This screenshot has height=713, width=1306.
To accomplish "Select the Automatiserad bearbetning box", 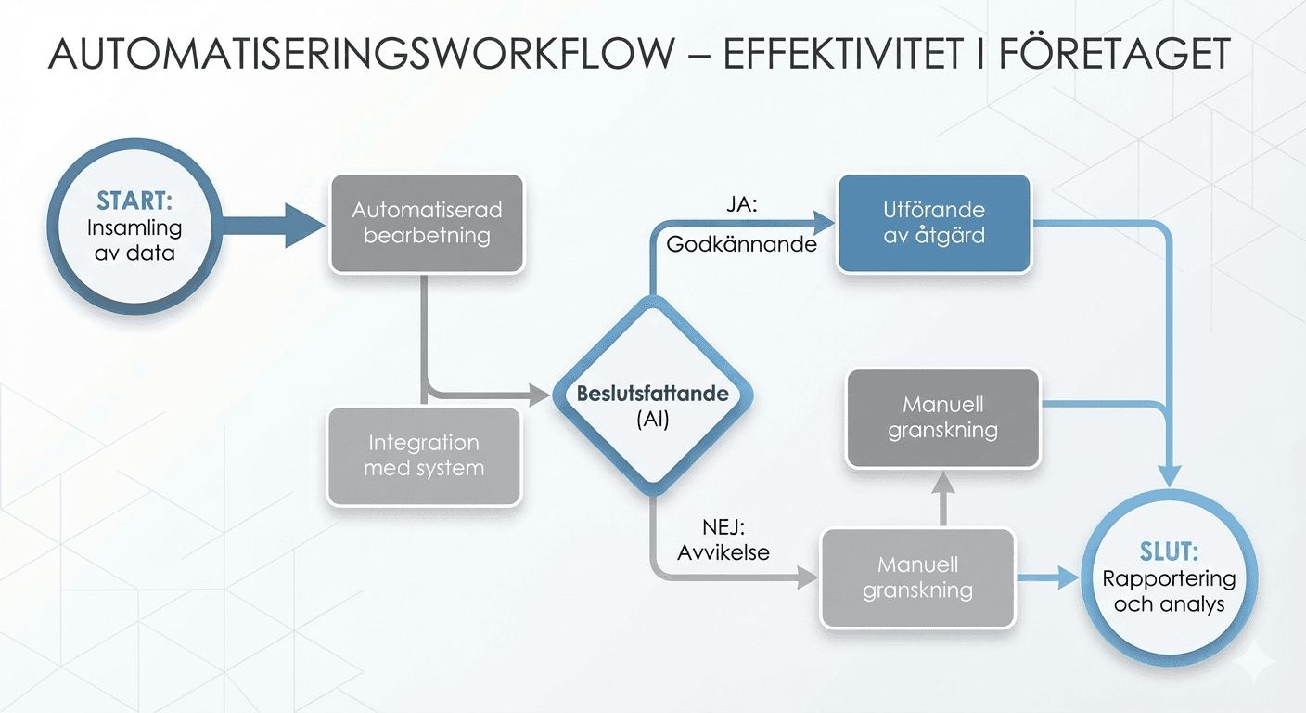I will point(427,223).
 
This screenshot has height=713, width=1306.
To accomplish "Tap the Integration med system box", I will point(423,455).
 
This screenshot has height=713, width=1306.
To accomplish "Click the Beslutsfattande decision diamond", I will point(652,394).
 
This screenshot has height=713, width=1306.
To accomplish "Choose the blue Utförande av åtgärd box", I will point(934,223).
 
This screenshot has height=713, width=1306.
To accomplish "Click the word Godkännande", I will point(741,245).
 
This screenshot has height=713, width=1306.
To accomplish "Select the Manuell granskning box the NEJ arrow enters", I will point(916,577).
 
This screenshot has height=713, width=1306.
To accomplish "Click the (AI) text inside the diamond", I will point(652,419).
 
